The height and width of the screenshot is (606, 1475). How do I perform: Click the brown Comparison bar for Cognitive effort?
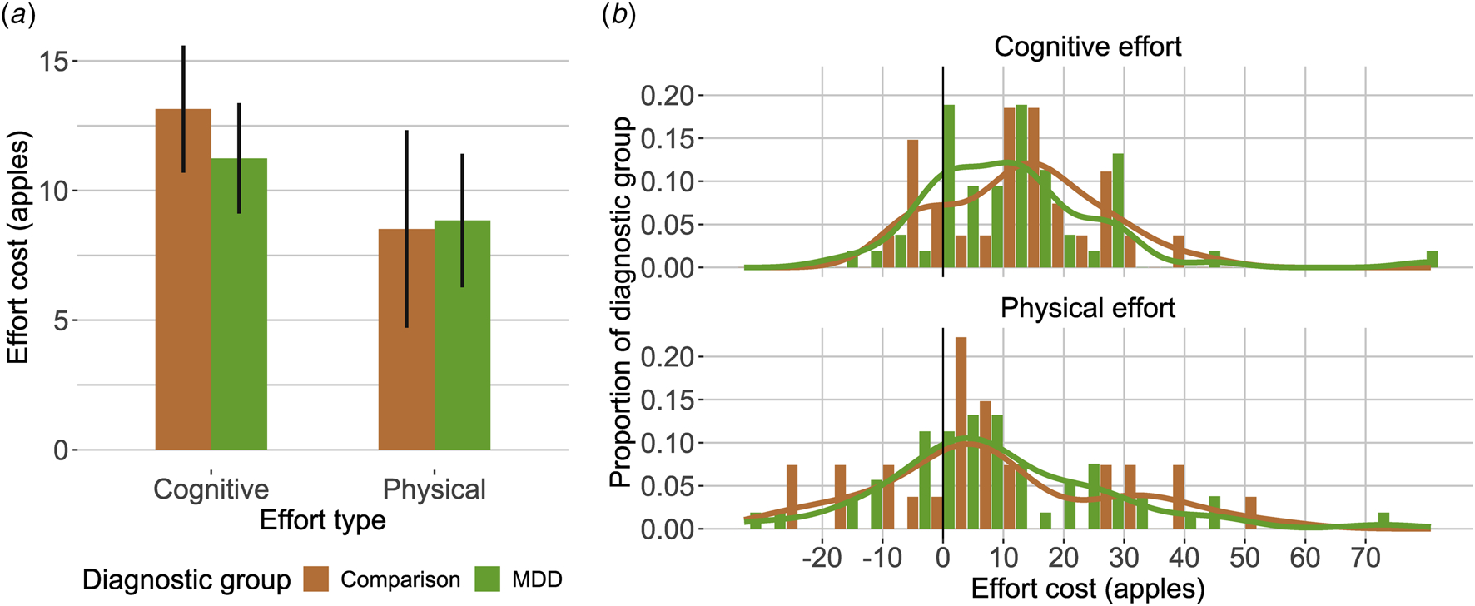point(183,280)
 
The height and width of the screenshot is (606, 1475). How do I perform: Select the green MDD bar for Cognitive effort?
point(239,304)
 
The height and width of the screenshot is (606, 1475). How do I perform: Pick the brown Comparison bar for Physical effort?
point(406,340)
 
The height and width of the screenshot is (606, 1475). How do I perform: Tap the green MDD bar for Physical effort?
point(462,335)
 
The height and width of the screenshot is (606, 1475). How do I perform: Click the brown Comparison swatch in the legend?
point(316,579)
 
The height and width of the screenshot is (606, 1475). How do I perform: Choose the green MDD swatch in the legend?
point(487,579)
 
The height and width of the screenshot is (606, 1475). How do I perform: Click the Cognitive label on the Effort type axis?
point(211,489)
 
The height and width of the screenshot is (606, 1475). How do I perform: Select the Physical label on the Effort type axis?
point(434,489)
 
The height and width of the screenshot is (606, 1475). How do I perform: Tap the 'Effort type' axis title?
point(323,520)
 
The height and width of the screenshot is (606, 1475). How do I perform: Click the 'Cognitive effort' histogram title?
point(1087,47)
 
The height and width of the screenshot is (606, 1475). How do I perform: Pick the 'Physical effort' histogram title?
point(1087,308)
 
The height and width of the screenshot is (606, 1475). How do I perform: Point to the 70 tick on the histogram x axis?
point(1365,558)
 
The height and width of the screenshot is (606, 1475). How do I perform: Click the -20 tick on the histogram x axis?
point(822,558)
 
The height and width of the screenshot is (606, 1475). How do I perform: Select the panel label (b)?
point(618,16)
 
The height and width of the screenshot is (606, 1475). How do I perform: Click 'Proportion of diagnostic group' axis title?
point(620,301)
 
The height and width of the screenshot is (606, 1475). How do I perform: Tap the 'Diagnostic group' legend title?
point(186,579)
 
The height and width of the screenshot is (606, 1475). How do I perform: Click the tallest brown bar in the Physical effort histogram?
point(961,433)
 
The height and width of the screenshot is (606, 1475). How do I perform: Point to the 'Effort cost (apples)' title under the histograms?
point(1087,589)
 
